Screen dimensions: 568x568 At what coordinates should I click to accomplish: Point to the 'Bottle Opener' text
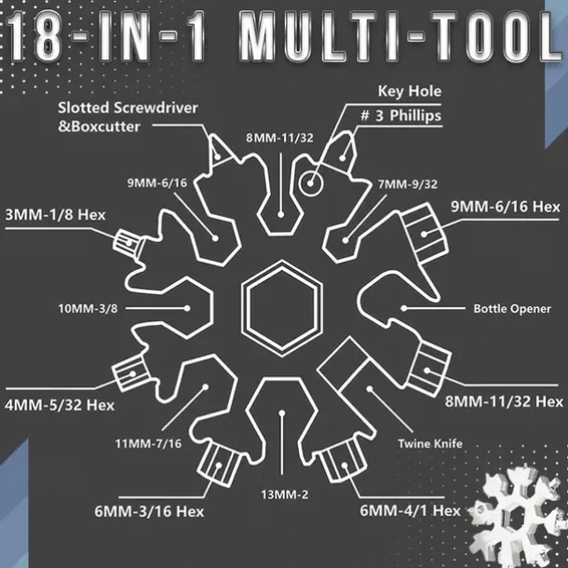click(512, 308)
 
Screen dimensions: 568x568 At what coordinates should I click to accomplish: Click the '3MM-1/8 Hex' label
click(55, 213)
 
